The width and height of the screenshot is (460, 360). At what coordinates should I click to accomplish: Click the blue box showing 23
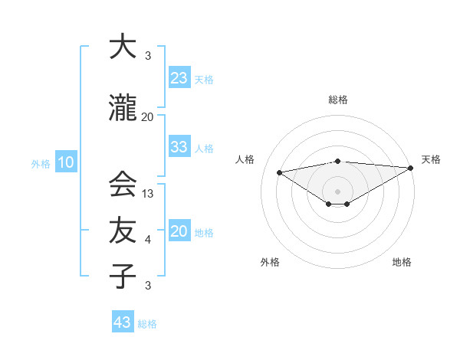coord(179,78)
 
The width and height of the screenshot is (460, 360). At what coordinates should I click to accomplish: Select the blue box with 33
coord(179,147)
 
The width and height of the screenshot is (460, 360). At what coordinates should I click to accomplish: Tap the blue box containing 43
coord(123,322)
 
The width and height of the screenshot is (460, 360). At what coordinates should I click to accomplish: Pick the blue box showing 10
coord(66,162)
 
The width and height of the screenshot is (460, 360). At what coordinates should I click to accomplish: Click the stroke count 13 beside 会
coord(149,194)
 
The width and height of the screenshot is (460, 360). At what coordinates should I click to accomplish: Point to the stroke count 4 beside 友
coord(148,240)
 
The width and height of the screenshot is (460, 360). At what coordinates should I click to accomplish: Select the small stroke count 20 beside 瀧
coord(148,117)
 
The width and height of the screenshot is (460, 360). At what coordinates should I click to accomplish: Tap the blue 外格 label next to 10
coord(41,163)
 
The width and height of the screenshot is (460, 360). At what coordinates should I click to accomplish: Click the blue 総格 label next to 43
coord(147,324)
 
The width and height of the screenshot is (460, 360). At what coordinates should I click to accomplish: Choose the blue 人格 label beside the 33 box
coord(204,149)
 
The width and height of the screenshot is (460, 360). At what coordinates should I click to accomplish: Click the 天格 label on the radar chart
coord(431,159)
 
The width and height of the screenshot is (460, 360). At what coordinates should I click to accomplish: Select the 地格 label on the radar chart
coord(402,262)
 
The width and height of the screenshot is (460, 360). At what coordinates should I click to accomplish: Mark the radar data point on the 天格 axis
coord(412,168)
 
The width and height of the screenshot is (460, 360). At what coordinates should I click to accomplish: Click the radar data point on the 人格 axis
coord(279,172)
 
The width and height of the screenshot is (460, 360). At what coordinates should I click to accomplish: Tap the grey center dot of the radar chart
coord(337,190)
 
